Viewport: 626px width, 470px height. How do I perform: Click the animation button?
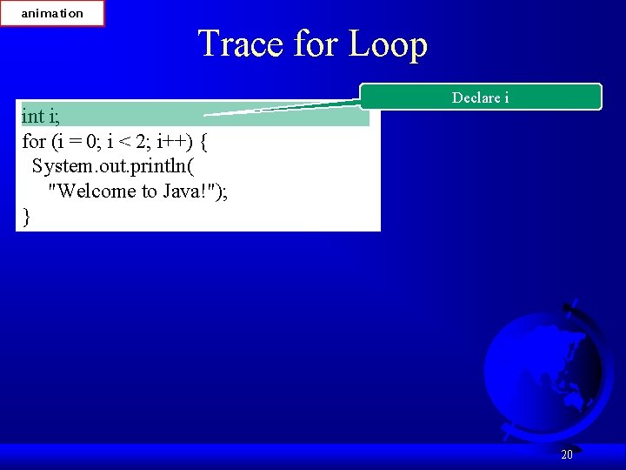(x=52, y=13)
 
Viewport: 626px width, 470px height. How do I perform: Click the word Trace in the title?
(x=242, y=44)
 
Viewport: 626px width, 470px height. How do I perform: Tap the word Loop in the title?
(x=388, y=44)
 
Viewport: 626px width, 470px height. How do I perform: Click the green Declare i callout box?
(x=481, y=97)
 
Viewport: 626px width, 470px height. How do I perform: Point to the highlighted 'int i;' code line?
(x=41, y=116)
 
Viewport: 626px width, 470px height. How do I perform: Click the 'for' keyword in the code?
(x=34, y=141)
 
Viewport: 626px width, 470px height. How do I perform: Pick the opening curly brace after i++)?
(x=203, y=141)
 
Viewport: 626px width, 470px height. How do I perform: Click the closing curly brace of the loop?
(x=27, y=216)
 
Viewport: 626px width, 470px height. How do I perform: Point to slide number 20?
(x=567, y=454)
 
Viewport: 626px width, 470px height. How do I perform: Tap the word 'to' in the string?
(x=149, y=191)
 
